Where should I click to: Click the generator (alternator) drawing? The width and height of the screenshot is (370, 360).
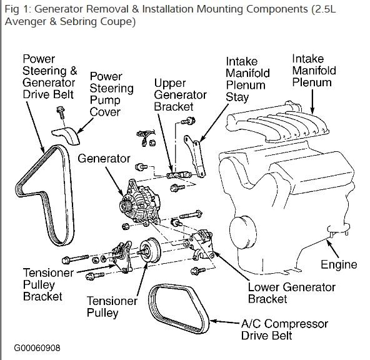click(140, 203)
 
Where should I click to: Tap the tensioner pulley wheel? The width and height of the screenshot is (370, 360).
click(149, 250)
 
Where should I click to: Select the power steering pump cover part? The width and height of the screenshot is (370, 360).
click(66, 135)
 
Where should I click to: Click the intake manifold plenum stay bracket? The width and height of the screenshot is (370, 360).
click(195, 156)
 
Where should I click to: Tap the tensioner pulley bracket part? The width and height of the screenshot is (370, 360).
click(122, 257)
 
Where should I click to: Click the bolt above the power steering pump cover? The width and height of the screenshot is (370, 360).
click(61, 112)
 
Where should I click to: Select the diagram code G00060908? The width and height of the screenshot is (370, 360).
click(37, 348)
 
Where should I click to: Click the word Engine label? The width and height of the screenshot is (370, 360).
click(339, 264)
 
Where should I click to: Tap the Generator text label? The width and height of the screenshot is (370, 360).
click(104, 159)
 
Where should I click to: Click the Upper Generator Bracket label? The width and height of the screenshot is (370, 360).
click(180, 95)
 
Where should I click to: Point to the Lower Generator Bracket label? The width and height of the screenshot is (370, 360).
click(292, 293)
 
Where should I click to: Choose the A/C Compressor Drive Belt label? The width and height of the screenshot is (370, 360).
click(284, 329)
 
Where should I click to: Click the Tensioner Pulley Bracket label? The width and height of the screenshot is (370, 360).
click(48, 284)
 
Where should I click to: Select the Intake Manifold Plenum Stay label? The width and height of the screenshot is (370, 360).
click(247, 79)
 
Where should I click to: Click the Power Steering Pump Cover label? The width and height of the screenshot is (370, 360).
click(112, 94)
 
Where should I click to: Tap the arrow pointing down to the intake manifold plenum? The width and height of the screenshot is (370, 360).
click(312, 102)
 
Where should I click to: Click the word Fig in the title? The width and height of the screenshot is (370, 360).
click(11, 9)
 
